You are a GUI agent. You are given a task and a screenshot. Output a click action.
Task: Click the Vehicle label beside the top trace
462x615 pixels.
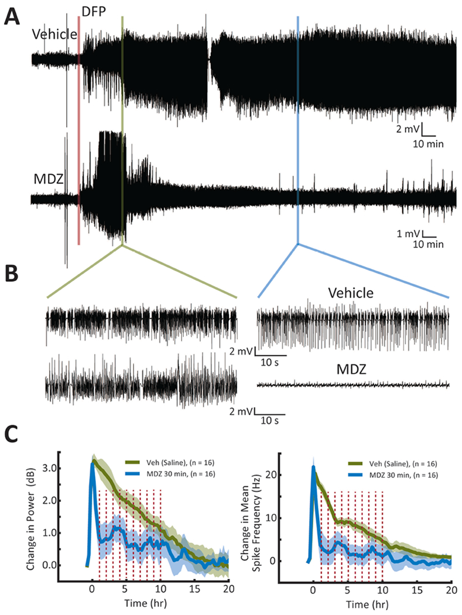coord(54,35)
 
